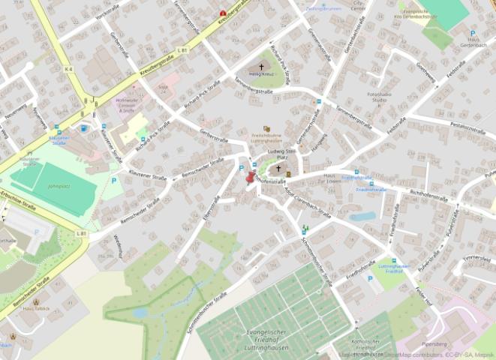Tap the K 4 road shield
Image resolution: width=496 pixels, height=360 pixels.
(x=68, y=70)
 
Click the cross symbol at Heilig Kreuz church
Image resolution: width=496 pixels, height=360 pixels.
(x=261, y=67)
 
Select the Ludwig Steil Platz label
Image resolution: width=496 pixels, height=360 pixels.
(x=279, y=154)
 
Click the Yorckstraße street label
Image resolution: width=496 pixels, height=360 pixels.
(x=107, y=13)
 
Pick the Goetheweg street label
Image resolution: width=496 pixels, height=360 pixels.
(x=425, y=73)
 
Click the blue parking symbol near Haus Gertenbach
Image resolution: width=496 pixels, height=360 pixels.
(x=473, y=34)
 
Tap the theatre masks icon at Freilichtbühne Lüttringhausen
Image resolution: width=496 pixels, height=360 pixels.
(x=266, y=129)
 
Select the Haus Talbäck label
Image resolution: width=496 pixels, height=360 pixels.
(x=35, y=308)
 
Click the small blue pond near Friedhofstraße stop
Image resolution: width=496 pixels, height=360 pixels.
(x=362, y=216)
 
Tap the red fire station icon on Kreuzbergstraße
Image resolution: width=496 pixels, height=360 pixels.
(x=222, y=13)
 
